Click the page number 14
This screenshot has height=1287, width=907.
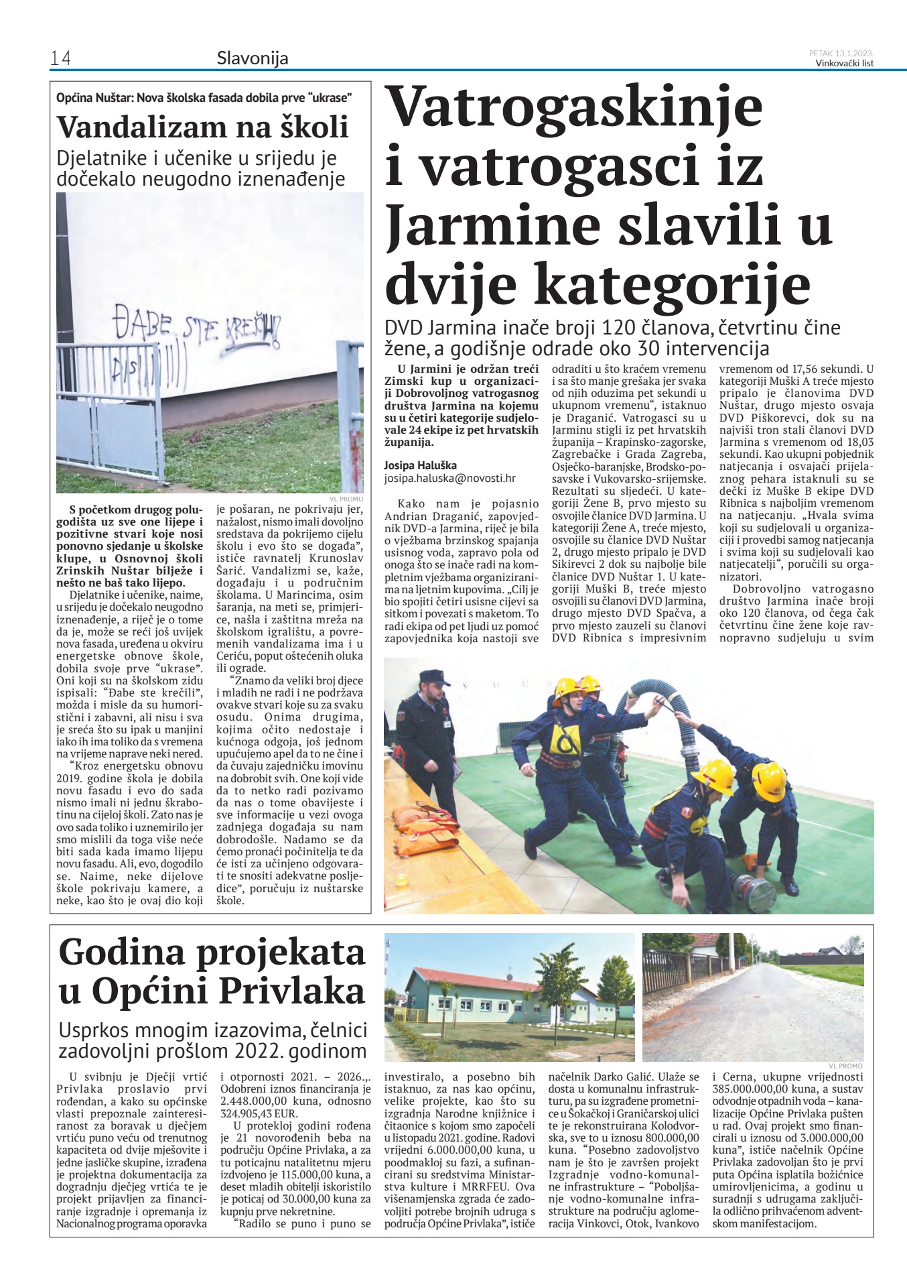tap(60, 59)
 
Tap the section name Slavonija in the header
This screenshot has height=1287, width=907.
tap(253, 59)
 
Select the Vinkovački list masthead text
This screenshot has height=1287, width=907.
tap(844, 64)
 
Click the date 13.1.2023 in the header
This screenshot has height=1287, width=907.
tap(853, 53)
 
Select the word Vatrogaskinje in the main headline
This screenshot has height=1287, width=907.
tap(575, 107)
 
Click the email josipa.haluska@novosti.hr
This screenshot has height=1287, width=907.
tap(449, 479)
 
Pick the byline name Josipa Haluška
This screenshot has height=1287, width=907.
tap(420, 465)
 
